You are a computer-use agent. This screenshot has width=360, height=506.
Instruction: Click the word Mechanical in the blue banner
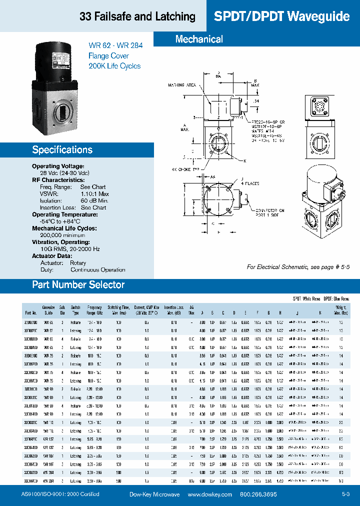tap(199, 39)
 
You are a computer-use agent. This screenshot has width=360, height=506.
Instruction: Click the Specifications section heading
tap(62, 149)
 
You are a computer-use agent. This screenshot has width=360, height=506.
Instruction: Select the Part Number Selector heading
tap(78, 284)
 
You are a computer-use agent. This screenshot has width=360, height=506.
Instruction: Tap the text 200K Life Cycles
tap(114, 66)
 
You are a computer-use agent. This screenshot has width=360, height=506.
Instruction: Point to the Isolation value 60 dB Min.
tap(93, 200)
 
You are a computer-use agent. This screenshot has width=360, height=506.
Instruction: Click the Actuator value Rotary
tap(78, 262)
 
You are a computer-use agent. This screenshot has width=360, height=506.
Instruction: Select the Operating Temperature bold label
tap(64, 214)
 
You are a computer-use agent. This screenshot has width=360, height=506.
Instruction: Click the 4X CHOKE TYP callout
tap(185, 170)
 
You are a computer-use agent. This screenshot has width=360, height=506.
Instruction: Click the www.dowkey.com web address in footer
tap(210, 494)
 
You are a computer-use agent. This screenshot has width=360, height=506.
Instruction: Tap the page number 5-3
tap(345, 494)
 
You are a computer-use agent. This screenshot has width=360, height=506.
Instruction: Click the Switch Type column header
tap(75, 310)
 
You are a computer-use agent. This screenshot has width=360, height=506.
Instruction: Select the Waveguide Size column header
tap(48, 310)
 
